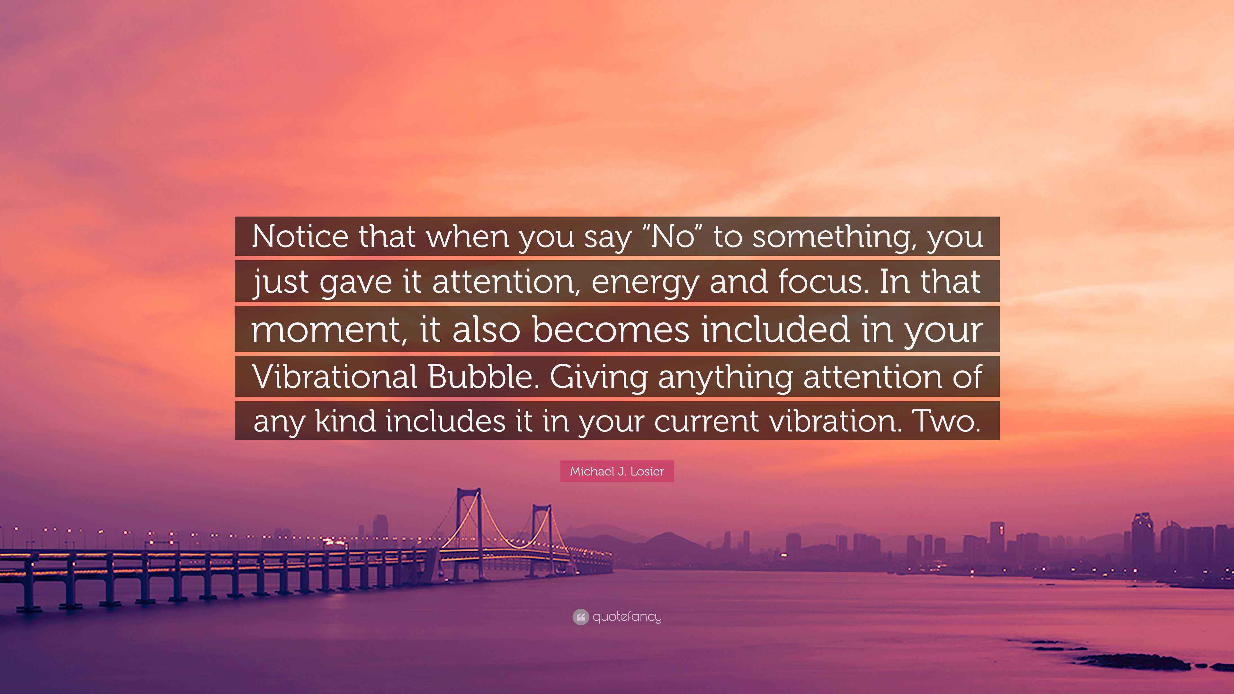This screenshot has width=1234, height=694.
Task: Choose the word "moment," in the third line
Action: [330, 330]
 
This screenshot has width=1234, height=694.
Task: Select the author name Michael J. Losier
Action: [617, 471]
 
